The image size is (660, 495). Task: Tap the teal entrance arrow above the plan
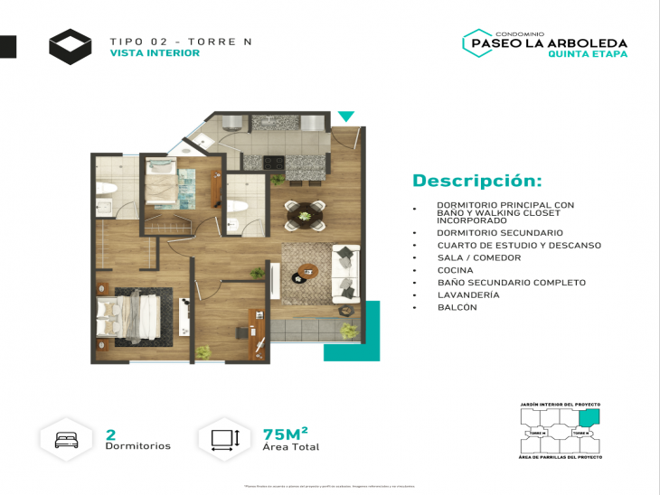click(x=346, y=117)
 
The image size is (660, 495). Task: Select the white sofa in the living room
click(x=345, y=274)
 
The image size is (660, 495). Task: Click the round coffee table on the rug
click(x=308, y=270)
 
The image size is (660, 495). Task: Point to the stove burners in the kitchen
click(x=274, y=163)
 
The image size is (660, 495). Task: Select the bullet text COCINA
click(x=457, y=270)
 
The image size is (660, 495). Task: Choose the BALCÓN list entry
click(x=457, y=307)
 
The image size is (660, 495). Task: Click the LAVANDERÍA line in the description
click(x=467, y=294)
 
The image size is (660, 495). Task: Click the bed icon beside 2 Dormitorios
click(x=68, y=439)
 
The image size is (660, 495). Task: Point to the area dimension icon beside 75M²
click(x=223, y=439)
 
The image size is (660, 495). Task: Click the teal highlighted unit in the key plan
click(x=589, y=417)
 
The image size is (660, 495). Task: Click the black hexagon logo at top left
click(x=70, y=46)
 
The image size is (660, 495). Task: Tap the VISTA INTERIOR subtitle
click(x=155, y=53)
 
